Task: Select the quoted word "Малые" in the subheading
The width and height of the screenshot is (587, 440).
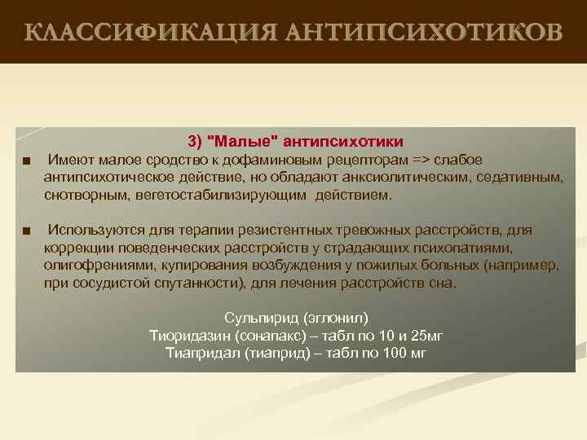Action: [244, 141]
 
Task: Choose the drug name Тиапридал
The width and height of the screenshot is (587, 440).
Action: [202, 354]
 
